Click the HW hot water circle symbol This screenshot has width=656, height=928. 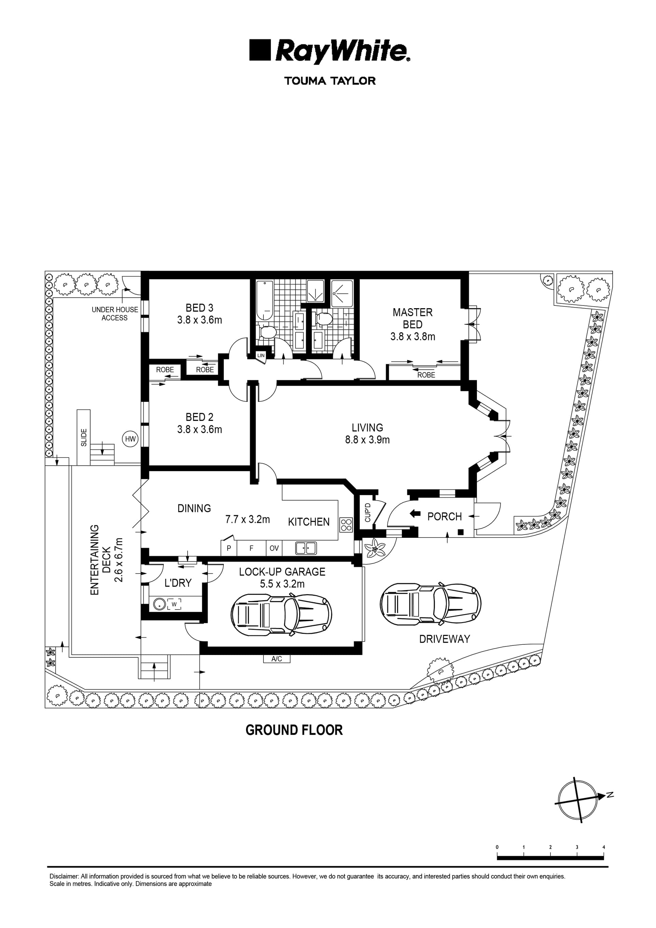coord(131,439)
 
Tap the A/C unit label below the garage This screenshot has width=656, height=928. coord(276,659)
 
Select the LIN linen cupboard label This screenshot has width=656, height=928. coord(261,355)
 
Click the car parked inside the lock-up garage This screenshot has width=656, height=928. coord(281,615)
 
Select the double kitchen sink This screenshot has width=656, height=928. coord(306,548)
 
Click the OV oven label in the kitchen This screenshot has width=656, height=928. coord(274,548)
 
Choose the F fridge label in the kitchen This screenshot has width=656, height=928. coord(251,548)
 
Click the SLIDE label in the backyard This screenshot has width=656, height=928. coord(84,437)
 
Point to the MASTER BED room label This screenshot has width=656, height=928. coord(413,318)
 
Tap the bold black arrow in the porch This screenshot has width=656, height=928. coord(415,514)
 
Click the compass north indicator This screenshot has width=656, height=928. coord(610,795)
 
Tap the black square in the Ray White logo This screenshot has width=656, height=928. coord(260,50)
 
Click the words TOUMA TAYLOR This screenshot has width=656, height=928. coord(330,81)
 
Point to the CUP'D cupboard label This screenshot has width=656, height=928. coord(367,512)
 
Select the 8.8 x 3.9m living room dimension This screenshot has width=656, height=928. coord(367,440)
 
